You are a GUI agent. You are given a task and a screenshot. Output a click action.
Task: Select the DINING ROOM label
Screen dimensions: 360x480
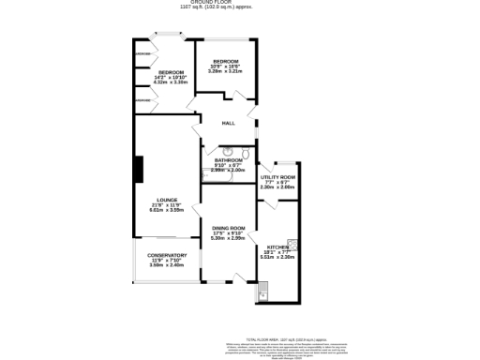tap(228, 229)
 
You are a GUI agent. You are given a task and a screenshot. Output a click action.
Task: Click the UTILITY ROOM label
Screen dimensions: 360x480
tap(277, 177)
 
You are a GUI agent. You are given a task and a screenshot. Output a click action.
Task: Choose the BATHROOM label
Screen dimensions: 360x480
tap(228, 160)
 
